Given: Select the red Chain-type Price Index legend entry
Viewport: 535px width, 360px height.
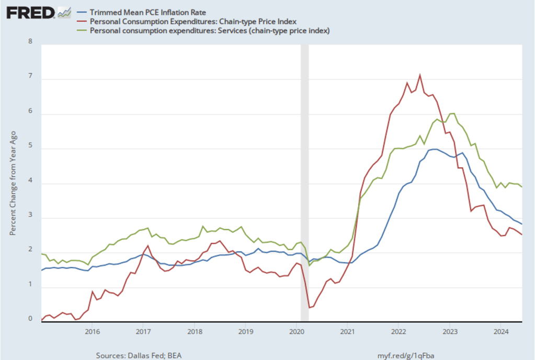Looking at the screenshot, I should [193, 21].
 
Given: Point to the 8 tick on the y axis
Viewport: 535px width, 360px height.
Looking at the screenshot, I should [30, 42].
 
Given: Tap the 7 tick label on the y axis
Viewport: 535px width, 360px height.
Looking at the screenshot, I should [30, 77].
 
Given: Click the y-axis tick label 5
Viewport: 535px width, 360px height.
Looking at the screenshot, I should [30, 146].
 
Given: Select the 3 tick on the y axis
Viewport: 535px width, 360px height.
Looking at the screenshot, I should [30, 216].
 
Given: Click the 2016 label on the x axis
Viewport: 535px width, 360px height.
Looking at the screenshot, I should [92, 331].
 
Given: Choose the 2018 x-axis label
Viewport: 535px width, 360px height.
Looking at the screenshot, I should [195, 331].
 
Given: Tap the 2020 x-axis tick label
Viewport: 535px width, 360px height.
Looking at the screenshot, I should [297, 331].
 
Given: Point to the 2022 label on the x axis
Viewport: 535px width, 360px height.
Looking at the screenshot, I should [399, 331].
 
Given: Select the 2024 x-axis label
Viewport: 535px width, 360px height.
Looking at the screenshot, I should [501, 331].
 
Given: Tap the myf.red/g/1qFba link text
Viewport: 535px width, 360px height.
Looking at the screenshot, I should [405, 355].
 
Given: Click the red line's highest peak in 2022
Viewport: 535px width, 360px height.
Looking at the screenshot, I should [420, 75].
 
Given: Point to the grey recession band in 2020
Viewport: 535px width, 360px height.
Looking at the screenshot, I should [304, 183].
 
